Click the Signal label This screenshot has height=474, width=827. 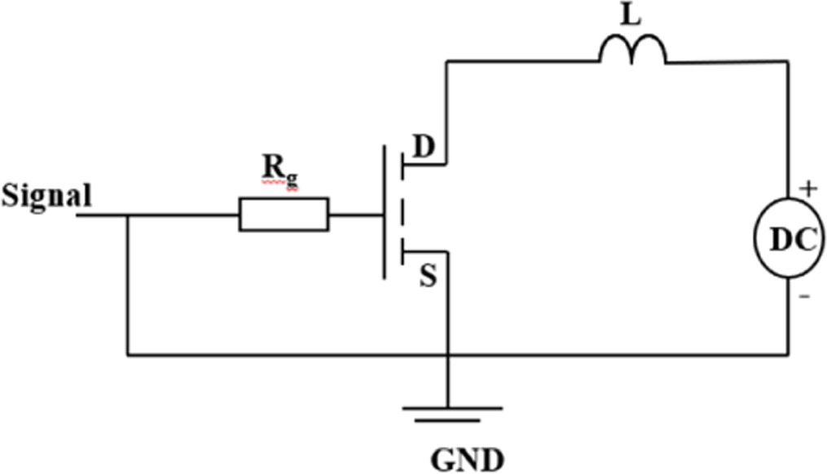[46, 197]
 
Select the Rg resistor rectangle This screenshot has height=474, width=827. [284, 215]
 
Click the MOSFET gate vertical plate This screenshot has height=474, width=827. [383, 213]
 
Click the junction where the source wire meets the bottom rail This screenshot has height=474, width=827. [447, 355]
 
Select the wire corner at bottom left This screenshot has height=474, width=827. [128, 355]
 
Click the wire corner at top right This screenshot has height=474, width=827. [788, 61]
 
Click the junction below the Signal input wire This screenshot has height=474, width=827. [128, 215]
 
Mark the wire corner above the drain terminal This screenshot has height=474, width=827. [447, 61]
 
